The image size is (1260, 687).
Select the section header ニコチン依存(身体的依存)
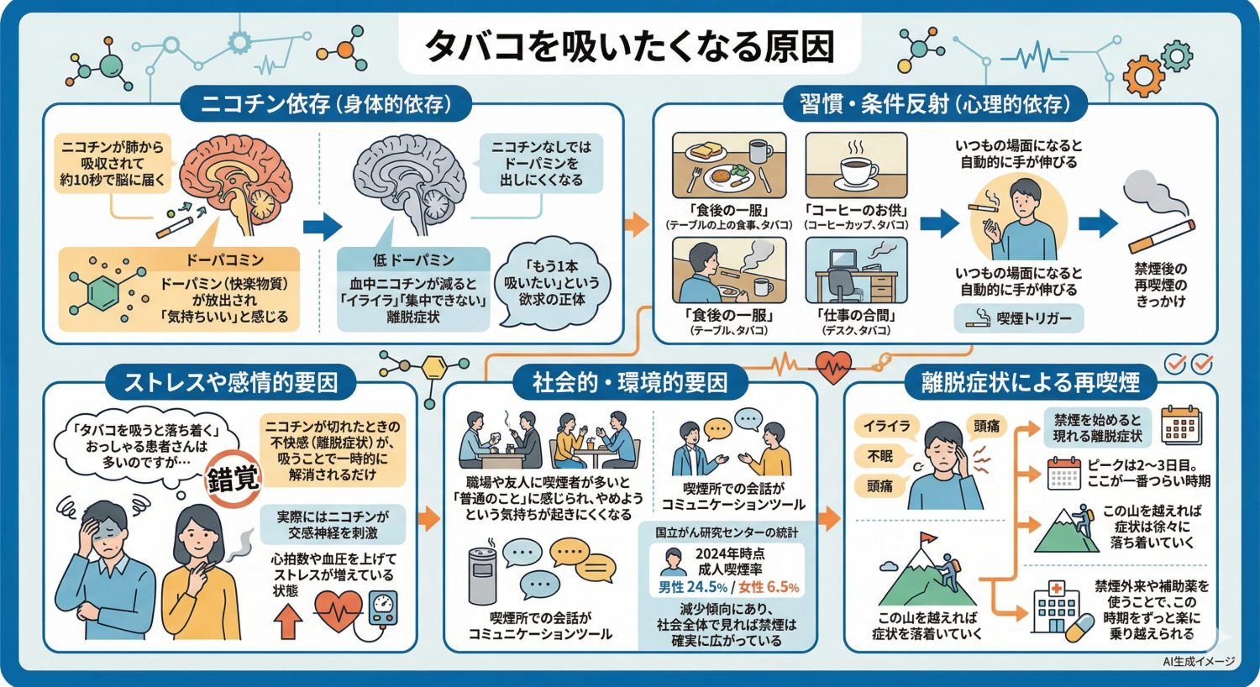pos(326,104)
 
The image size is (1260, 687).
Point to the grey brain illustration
pos(409,181)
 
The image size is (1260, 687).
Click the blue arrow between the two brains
pos(322,226)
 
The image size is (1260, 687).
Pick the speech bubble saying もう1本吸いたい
pos(551,282)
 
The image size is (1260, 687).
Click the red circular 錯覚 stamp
pos(234,479)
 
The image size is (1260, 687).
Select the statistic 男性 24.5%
pos(692,587)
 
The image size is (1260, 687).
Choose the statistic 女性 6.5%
pos(769,587)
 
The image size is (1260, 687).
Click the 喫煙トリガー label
pos(1019,318)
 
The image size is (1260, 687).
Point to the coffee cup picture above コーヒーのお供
pos(856,165)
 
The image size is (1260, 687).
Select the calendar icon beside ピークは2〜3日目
pos(1064,474)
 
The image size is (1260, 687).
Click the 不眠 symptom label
pos(879,455)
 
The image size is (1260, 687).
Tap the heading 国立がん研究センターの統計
pos(727,532)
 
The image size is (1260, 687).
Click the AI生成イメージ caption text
pos(1199,662)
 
